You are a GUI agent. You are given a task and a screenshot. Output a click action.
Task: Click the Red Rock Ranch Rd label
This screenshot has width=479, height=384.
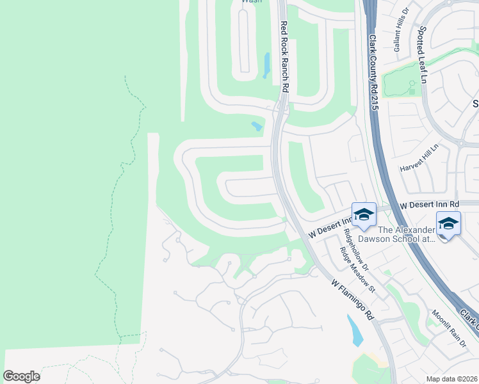pos(284,57)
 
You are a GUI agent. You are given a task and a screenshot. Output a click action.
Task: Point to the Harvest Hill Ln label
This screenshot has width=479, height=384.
pos(420,157)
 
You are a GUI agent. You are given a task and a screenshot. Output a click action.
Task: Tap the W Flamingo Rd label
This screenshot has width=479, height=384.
pos(353,300)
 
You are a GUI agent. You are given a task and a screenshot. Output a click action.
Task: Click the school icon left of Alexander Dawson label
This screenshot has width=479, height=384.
pos(364,215)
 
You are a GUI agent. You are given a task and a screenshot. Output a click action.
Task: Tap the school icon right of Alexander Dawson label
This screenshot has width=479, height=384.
pos(448,224)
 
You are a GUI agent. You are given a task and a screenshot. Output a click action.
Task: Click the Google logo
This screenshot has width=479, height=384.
pos(21,376)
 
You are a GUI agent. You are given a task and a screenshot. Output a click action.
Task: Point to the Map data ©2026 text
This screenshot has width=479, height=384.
pos(451,378)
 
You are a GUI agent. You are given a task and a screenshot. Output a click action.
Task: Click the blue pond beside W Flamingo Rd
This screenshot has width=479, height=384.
pos(353,331)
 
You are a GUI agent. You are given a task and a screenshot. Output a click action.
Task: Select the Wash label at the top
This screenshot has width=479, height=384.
pos(251,2)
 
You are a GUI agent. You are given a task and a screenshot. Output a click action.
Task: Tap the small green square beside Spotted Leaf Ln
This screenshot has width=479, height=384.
pos(412,92)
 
